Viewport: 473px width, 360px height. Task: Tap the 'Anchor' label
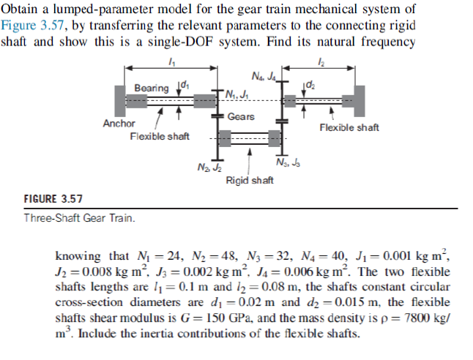coord(119,124)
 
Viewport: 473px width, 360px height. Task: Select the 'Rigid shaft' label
coord(250,180)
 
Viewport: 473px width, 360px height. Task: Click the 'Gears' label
coord(241,117)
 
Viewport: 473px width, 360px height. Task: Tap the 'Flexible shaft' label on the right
coord(349,127)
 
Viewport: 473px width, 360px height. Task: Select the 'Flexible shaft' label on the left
coord(160,137)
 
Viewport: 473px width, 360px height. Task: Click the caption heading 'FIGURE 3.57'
coord(53,199)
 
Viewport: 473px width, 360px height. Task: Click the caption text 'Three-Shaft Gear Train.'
coord(79,218)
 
